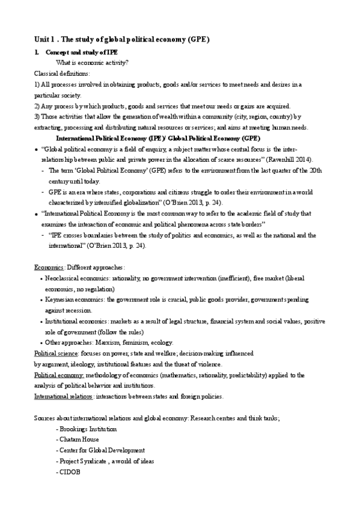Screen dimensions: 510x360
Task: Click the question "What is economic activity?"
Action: pyautogui.click(x=91, y=63)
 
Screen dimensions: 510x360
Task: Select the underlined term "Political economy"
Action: pyautogui.click(x=59, y=375)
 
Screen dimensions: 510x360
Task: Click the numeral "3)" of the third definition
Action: pyautogui.click(x=37, y=117)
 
